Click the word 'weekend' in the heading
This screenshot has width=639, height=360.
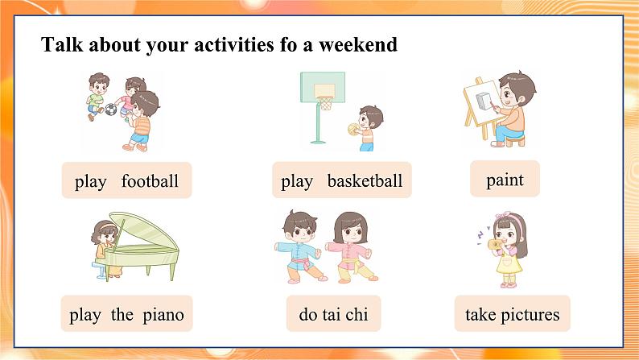click(358, 44)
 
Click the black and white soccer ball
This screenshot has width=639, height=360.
click(110, 110)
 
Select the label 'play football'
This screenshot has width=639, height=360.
click(126, 180)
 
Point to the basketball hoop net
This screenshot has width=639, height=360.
click(325, 103)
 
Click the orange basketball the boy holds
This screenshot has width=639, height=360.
click(353, 129)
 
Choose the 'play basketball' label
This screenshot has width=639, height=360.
click(342, 180)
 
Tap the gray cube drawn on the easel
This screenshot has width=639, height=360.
click(484, 101)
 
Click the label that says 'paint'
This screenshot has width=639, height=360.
click(505, 179)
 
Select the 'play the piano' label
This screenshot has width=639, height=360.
click(126, 313)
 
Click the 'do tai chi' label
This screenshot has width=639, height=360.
click(333, 313)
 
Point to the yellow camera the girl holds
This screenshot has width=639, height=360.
click(495, 244)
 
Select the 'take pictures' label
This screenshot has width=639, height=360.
click(513, 313)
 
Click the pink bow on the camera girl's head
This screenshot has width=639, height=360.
click(503, 215)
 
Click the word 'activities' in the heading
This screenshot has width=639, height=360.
click(234, 44)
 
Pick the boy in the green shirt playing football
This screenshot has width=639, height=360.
click(97, 97)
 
